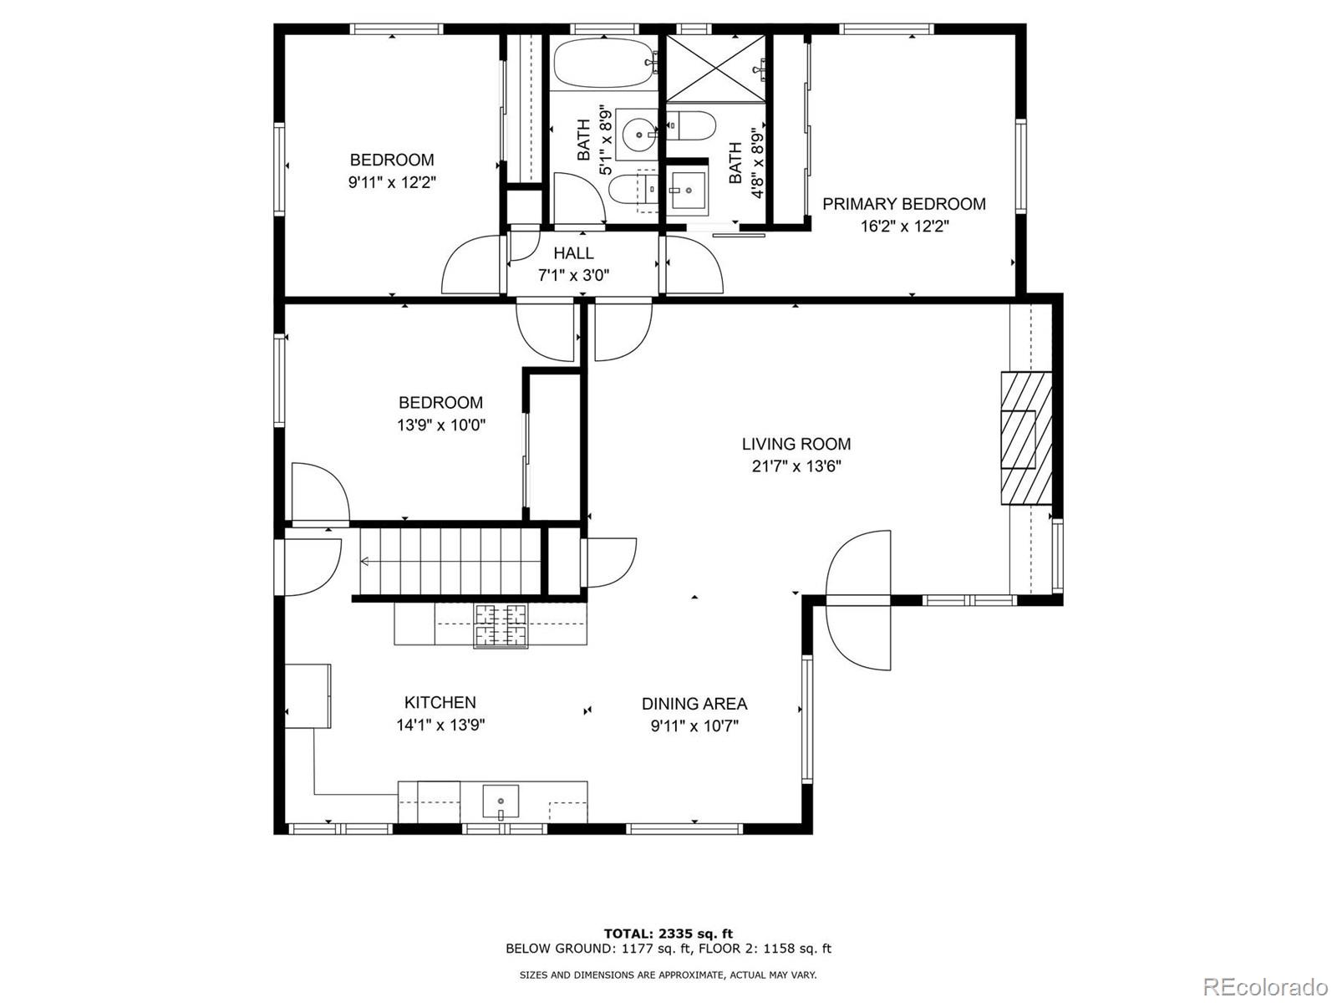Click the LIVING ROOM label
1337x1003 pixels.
[x=796, y=444]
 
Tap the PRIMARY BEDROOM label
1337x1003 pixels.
[x=904, y=204]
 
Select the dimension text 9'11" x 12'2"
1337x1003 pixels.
[x=392, y=181]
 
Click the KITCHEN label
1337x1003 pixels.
[x=440, y=703]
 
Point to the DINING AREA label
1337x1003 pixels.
[x=694, y=704]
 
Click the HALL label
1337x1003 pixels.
[x=573, y=253]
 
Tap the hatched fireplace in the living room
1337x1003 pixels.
[x=1026, y=438]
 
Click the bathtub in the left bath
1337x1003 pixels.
[x=602, y=64]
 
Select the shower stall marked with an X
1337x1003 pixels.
[x=717, y=69]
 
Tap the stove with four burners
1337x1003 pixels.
[x=501, y=625]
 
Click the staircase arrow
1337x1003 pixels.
[x=366, y=562]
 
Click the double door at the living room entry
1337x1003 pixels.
[x=858, y=599]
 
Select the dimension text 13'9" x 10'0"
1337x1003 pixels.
[x=440, y=425]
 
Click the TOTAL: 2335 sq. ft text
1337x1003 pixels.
[x=668, y=933]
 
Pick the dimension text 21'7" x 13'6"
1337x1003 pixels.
[x=796, y=466]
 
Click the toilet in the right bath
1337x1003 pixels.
[x=694, y=126]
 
